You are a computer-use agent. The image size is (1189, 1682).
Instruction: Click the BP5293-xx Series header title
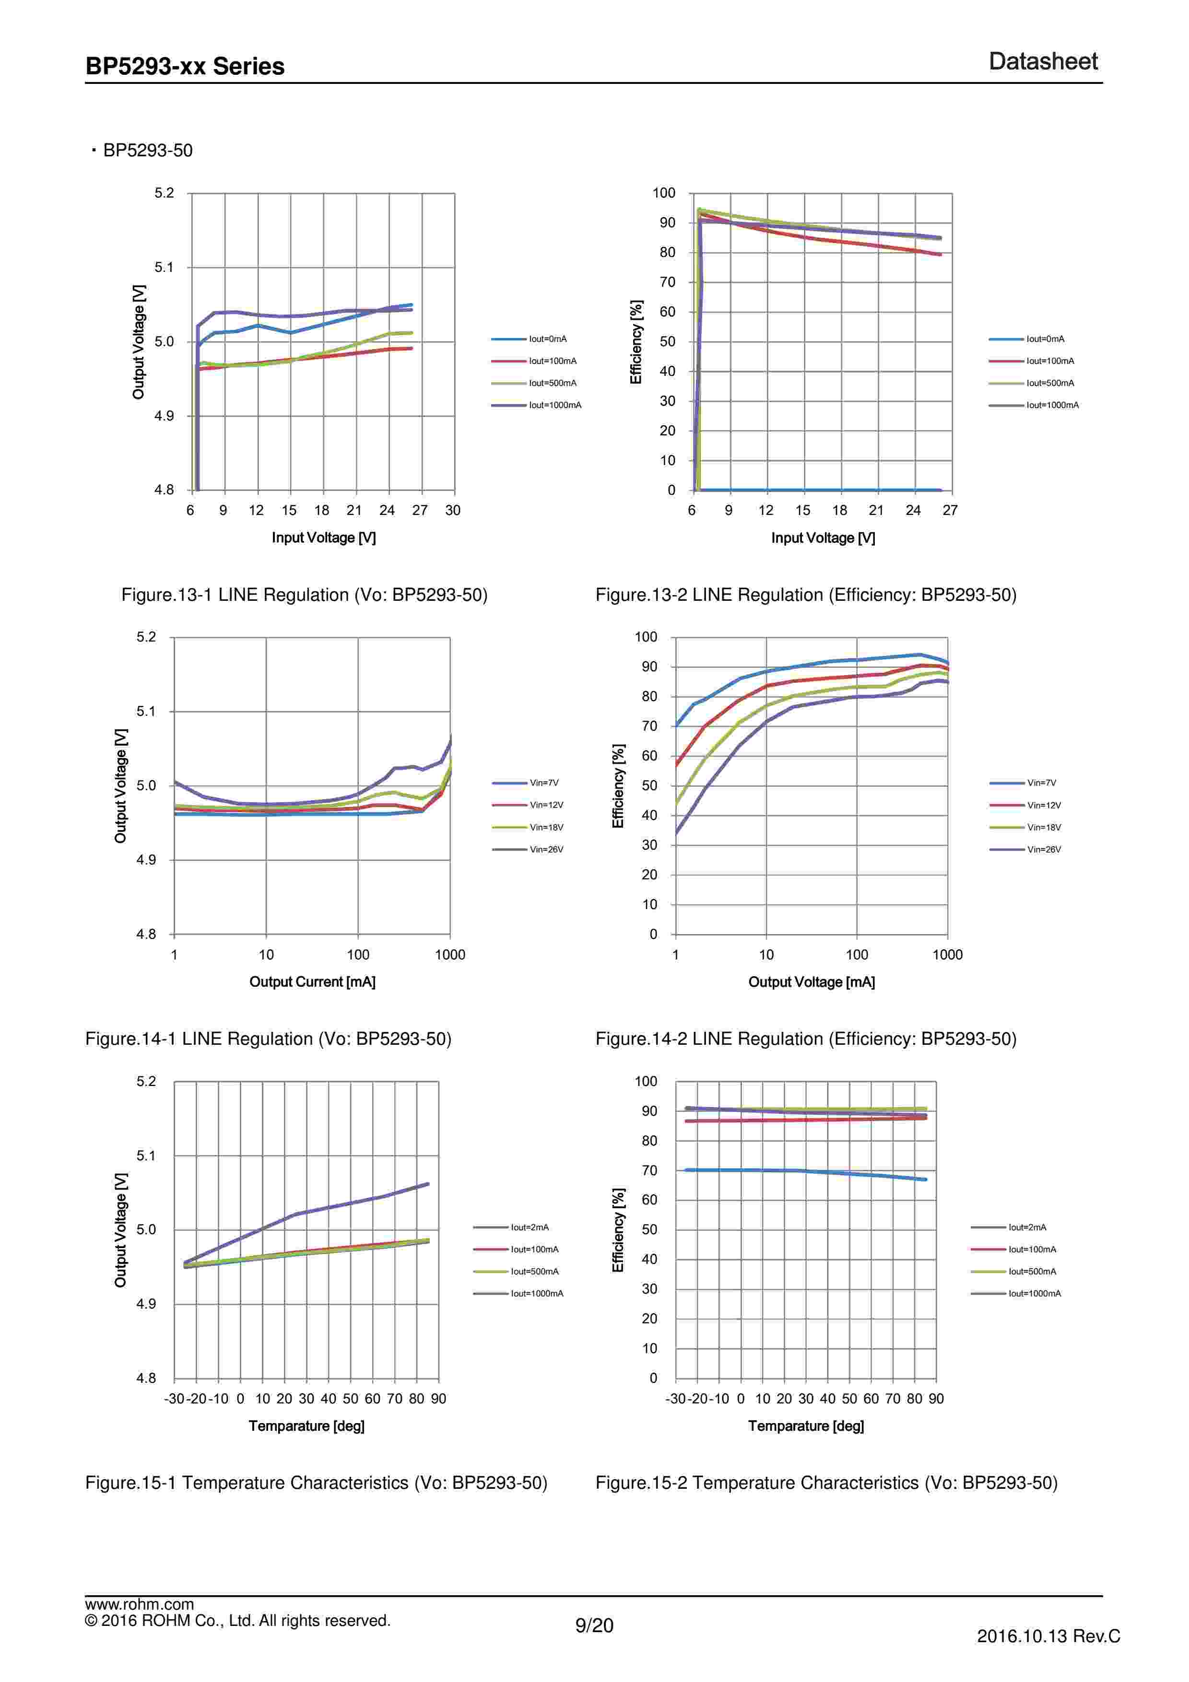click(x=185, y=66)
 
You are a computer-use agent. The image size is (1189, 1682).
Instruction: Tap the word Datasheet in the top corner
click(x=1043, y=61)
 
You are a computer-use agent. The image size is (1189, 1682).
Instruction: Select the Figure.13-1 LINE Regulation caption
click(x=304, y=595)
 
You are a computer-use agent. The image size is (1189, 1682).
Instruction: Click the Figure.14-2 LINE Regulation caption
click(x=805, y=1039)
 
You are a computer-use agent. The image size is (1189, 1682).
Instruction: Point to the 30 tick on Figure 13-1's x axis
click(x=453, y=511)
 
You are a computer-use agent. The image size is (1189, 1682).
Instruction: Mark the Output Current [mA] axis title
click(x=312, y=981)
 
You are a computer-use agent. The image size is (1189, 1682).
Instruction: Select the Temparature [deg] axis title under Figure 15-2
click(x=806, y=1425)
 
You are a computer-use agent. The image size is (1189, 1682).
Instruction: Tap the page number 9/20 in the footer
click(x=594, y=1625)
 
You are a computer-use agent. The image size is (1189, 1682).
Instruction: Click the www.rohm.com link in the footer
click(x=139, y=1604)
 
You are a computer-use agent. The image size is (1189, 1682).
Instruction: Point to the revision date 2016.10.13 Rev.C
click(x=1048, y=1636)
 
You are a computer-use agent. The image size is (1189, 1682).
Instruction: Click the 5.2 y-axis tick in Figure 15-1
click(x=146, y=1081)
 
